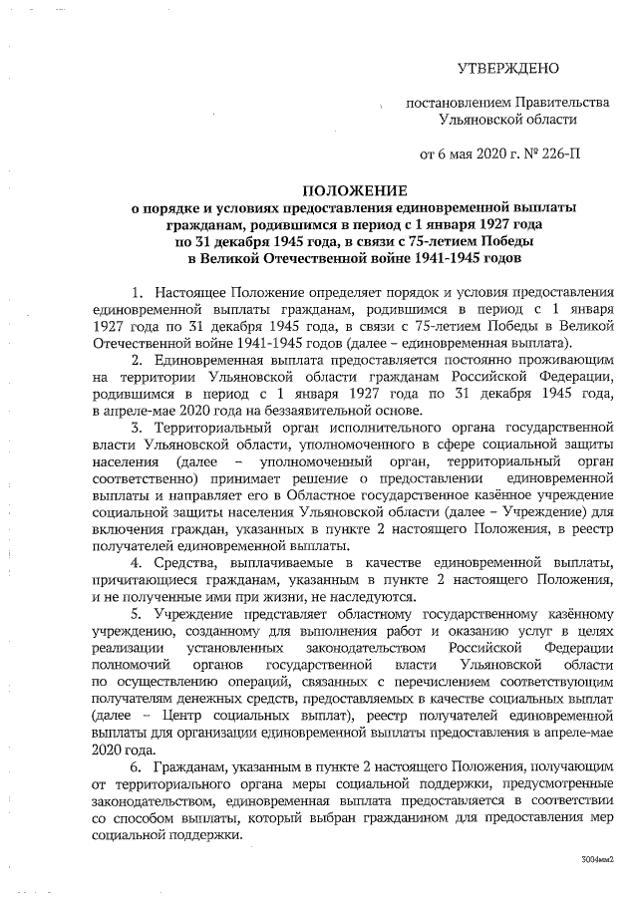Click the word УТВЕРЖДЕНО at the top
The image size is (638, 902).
coord(508,69)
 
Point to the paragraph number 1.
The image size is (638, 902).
coord(135,292)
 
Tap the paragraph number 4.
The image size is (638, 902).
coord(135,562)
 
